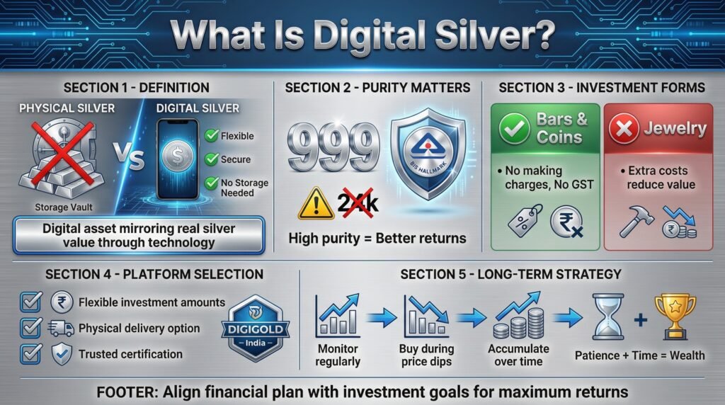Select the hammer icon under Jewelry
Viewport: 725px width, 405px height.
(x=636, y=222)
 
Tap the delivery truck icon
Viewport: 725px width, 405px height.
(x=61, y=329)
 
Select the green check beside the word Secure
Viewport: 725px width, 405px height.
(x=211, y=159)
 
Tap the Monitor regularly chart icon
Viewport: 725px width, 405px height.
(x=338, y=315)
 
